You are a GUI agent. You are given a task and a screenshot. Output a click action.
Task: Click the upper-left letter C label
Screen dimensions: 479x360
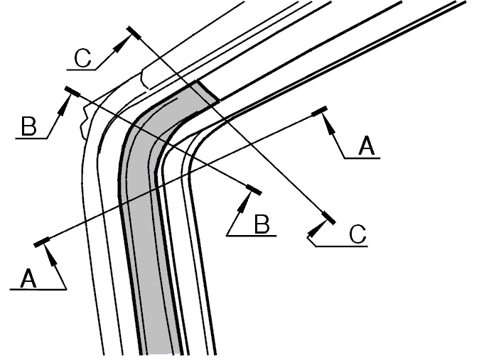[x=82, y=58]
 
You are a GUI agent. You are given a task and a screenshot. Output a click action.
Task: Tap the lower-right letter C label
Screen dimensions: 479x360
[x=357, y=234]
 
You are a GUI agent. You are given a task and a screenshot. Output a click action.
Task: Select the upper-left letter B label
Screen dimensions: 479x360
[x=29, y=126]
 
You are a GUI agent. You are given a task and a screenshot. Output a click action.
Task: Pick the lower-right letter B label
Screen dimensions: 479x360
[x=262, y=224]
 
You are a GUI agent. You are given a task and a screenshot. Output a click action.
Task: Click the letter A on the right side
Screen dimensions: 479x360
[x=366, y=146]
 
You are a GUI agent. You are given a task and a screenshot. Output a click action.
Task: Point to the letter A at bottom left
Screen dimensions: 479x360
[x=28, y=278]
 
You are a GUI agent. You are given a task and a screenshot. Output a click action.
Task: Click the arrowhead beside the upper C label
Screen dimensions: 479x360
[x=122, y=44]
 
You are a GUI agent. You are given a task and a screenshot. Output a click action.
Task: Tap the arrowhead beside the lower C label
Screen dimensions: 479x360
[x=318, y=228]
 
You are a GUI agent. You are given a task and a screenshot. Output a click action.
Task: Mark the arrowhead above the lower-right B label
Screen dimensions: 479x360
[x=245, y=202]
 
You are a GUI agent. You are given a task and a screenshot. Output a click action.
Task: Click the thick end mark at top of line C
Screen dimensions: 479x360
[x=134, y=33]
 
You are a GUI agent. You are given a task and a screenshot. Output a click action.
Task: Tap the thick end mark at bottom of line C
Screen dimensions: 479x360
[x=329, y=217]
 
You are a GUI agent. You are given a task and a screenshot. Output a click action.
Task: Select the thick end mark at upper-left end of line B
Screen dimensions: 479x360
[x=72, y=92]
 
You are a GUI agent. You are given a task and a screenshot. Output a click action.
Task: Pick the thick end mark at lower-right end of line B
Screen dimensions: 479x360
[x=254, y=190]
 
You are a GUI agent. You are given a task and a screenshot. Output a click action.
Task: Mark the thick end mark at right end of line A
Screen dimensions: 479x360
[x=319, y=111]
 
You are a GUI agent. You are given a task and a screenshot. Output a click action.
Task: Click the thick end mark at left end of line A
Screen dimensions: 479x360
[x=41, y=241]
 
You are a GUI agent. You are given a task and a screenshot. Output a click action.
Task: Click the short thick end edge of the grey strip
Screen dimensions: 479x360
[x=208, y=91]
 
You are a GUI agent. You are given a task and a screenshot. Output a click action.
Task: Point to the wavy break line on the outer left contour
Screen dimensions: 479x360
[x=85, y=122]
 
